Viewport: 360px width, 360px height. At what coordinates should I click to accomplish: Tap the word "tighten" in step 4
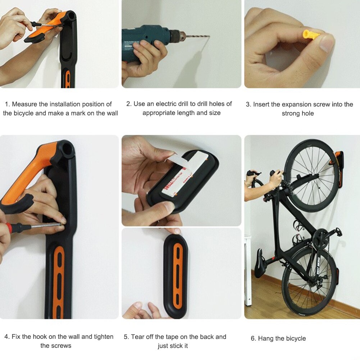pos(104,337)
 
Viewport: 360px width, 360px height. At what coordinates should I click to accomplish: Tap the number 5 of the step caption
pos(126,337)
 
